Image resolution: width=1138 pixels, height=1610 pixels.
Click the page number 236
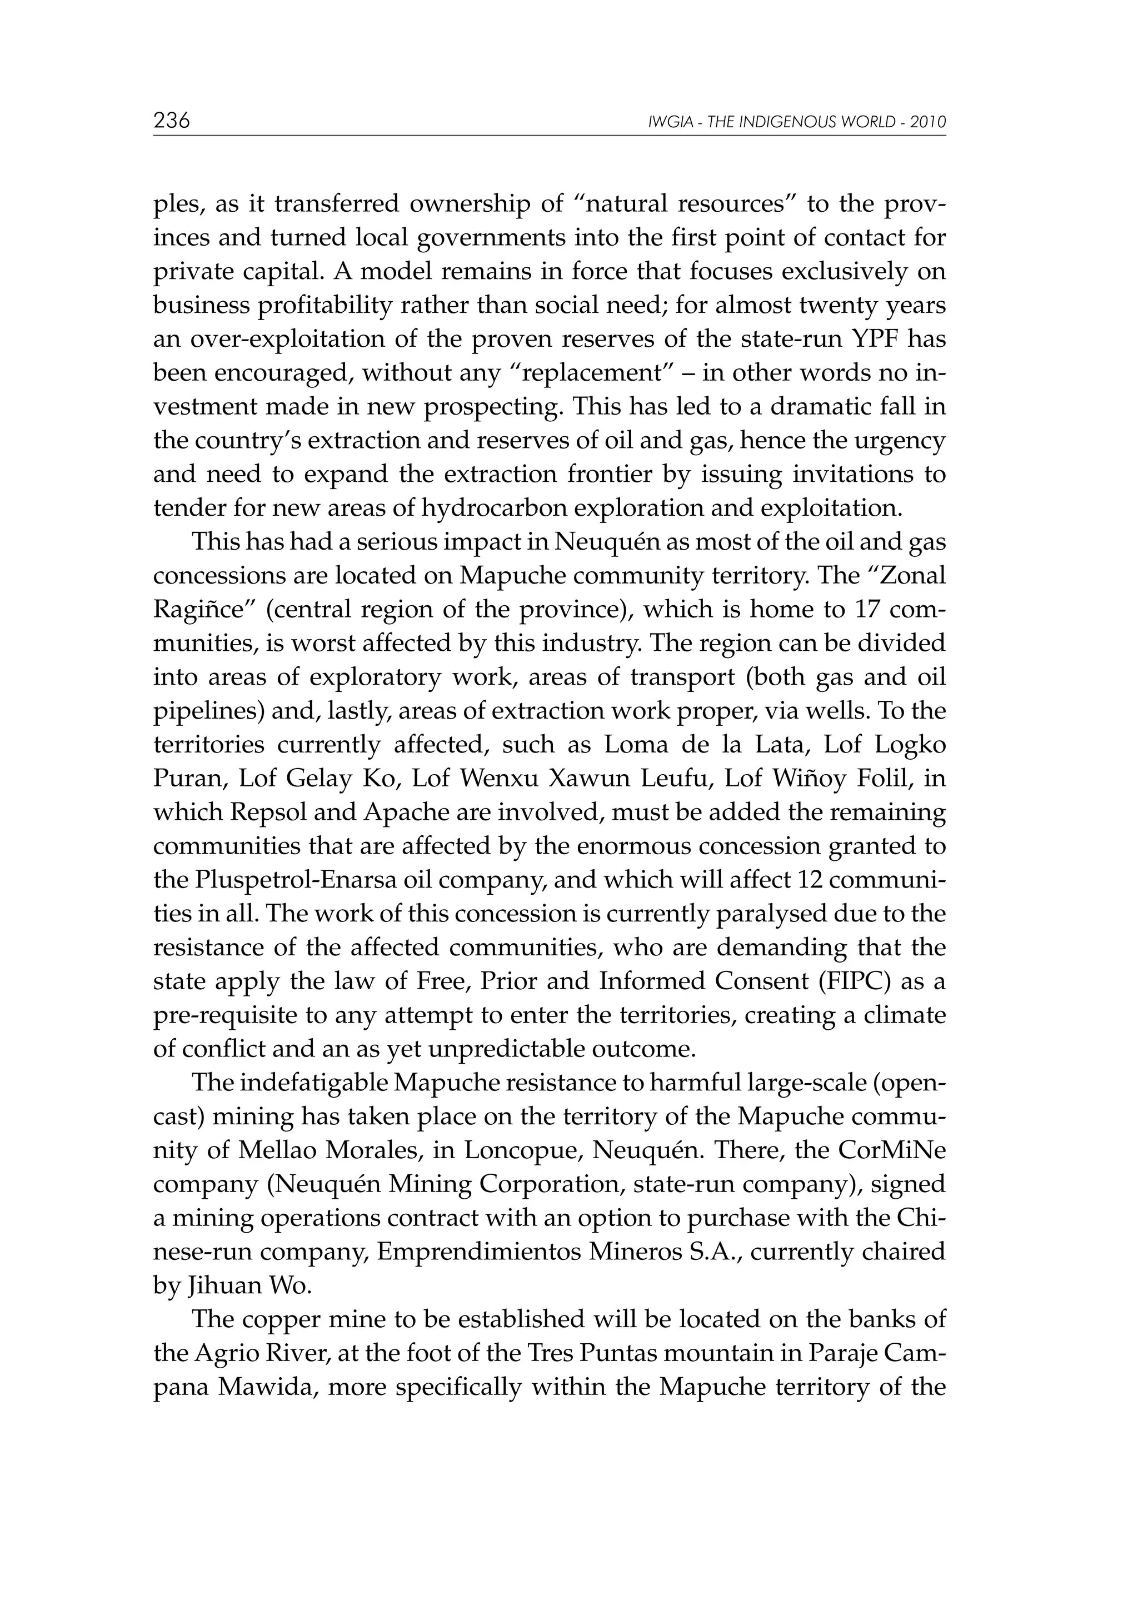(x=172, y=121)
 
